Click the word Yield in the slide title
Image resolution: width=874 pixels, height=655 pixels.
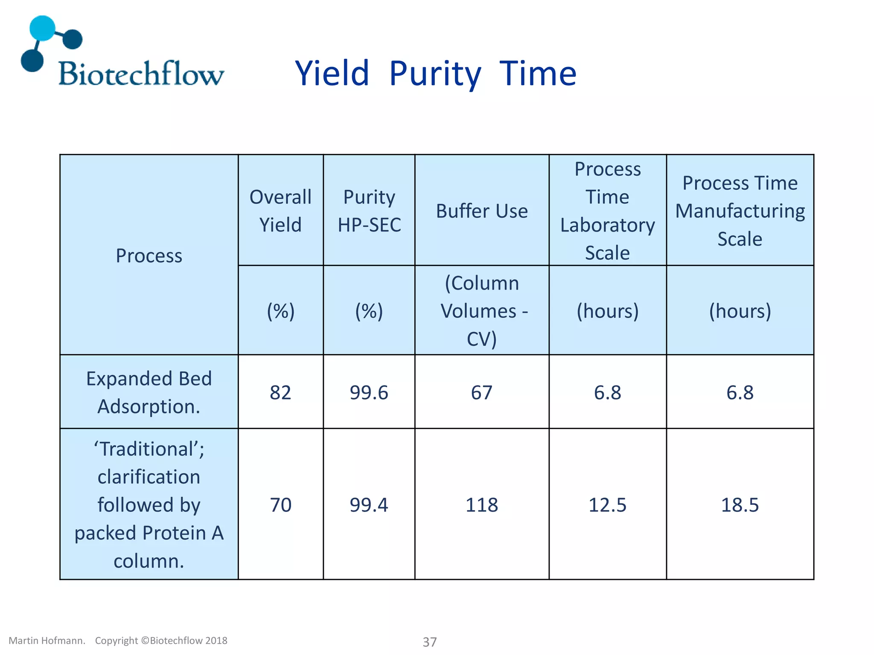coord(332,74)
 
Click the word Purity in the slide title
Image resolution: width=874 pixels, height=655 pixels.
coord(435,74)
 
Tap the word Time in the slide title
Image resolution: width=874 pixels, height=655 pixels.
coord(538,74)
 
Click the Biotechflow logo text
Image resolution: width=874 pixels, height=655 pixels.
coord(141,74)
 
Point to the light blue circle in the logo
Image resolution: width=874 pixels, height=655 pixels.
coord(42,28)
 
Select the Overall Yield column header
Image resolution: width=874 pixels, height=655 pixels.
coord(280,211)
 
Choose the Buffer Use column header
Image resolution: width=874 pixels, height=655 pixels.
coord(481,211)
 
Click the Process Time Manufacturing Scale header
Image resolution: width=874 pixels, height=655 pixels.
coord(740,211)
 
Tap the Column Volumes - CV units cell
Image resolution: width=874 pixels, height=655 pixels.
coord(481,310)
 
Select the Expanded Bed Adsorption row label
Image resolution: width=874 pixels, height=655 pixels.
coord(149,392)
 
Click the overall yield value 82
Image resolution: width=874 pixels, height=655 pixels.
coord(280,392)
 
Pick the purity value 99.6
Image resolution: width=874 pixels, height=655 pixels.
coord(369,392)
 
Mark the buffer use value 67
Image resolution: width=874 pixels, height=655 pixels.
coord(481,392)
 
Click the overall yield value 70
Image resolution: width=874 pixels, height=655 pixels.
coord(280,505)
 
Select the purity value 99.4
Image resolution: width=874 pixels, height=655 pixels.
coord(369,505)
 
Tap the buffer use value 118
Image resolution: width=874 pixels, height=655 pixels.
coord(481,505)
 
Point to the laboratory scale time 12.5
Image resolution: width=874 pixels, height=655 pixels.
coord(607,505)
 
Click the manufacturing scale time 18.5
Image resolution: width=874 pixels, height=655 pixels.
coord(740,505)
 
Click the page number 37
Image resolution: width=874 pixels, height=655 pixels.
coord(430,642)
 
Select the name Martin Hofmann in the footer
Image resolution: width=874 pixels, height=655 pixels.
coord(47,641)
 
